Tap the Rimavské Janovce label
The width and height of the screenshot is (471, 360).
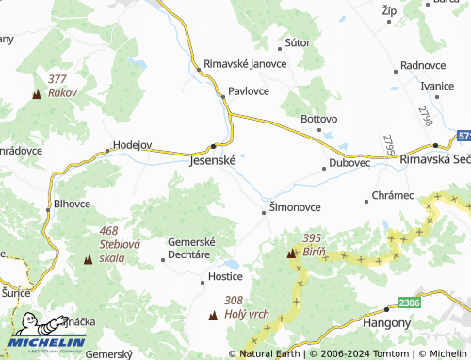(245, 64)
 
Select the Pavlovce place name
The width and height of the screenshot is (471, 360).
(249, 92)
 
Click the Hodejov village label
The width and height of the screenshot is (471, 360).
(132, 145)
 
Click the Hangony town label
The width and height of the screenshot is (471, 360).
(386, 322)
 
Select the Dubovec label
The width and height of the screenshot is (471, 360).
(349, 163)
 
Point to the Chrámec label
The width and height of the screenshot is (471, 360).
(393, 195)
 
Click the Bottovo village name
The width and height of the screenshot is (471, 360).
(318, 120)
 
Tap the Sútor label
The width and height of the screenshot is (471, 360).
(297, 43)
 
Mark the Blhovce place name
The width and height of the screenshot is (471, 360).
(73, 203)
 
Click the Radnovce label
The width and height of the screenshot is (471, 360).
(422, 65)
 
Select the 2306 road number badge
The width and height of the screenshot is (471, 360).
(408, 303)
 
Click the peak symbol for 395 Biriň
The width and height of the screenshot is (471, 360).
(291, 254)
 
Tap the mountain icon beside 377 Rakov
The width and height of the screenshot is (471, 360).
(37, 94)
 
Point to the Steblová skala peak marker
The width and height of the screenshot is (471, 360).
(89, 258)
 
